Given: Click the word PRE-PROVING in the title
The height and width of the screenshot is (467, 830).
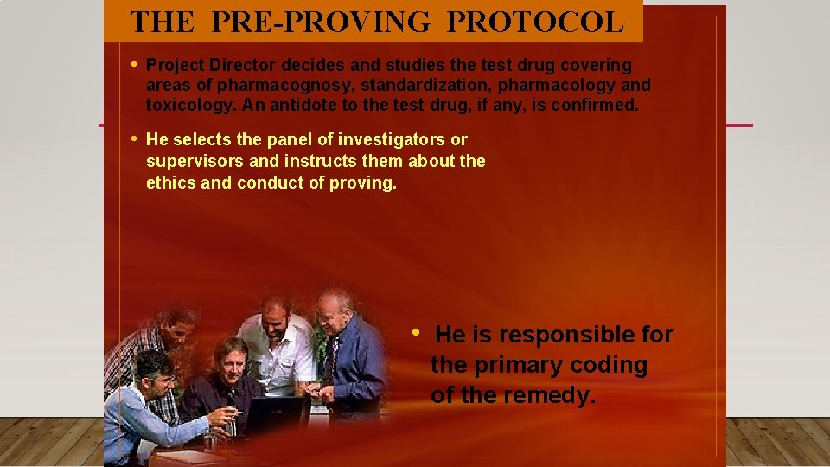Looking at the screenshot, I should click(319, 22).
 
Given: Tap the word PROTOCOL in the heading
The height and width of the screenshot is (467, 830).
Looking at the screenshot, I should click(535, 22).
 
